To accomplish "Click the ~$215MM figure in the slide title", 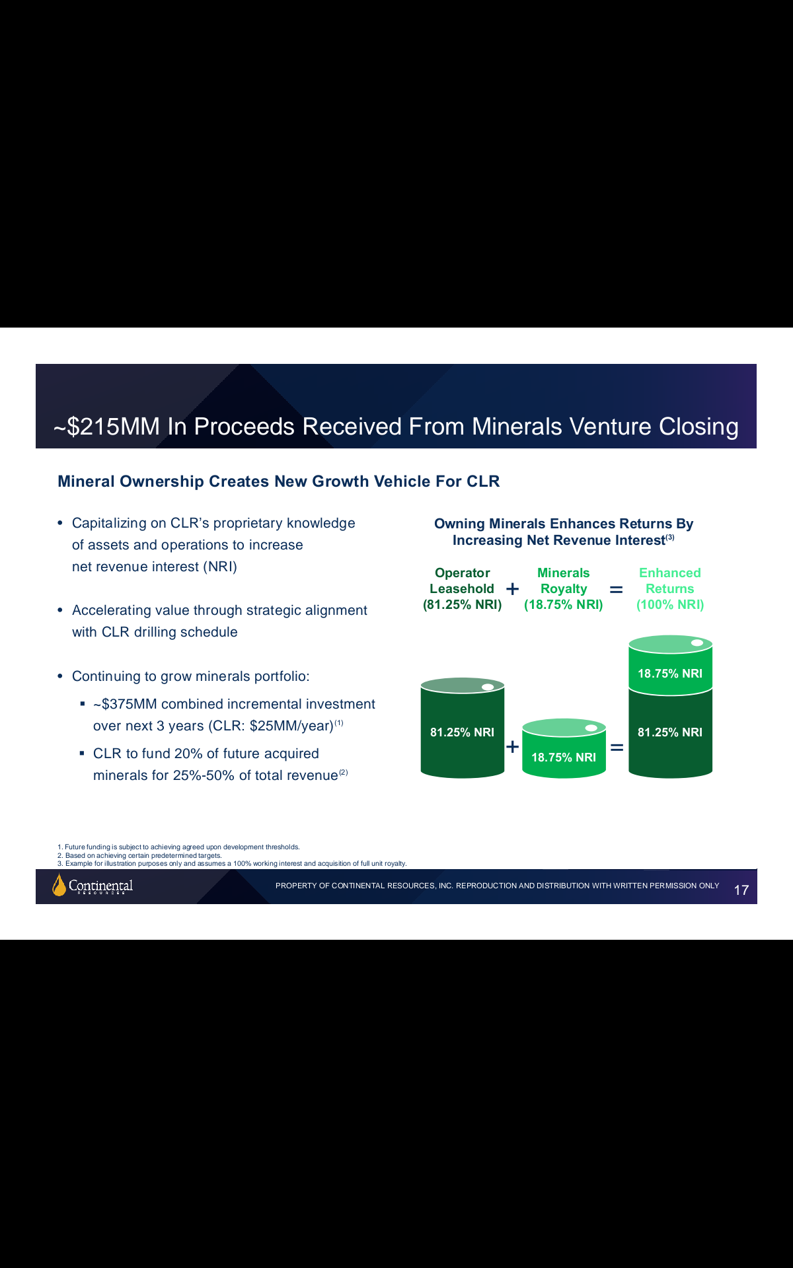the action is [107, 427].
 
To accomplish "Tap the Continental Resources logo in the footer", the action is [93, 885].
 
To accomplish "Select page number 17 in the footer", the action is [741, 890].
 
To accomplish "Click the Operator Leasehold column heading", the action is [462, 588].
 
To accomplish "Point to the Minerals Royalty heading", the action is [564, 588].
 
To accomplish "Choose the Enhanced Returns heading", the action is [670, 588].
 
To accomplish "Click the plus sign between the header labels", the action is [512, 588].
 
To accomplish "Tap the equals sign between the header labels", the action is [616, 589].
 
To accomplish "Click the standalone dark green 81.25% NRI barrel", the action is [463, 728].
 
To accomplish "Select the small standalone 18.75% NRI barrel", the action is [564, 748].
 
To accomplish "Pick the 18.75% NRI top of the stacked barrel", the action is [670, 665].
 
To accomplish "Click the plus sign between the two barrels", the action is [512, 747].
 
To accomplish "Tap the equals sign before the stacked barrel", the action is [617, 748].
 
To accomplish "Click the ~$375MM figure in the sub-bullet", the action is [125, 704].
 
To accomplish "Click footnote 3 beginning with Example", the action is [232, 863].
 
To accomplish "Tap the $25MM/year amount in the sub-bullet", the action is [291, 726].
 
